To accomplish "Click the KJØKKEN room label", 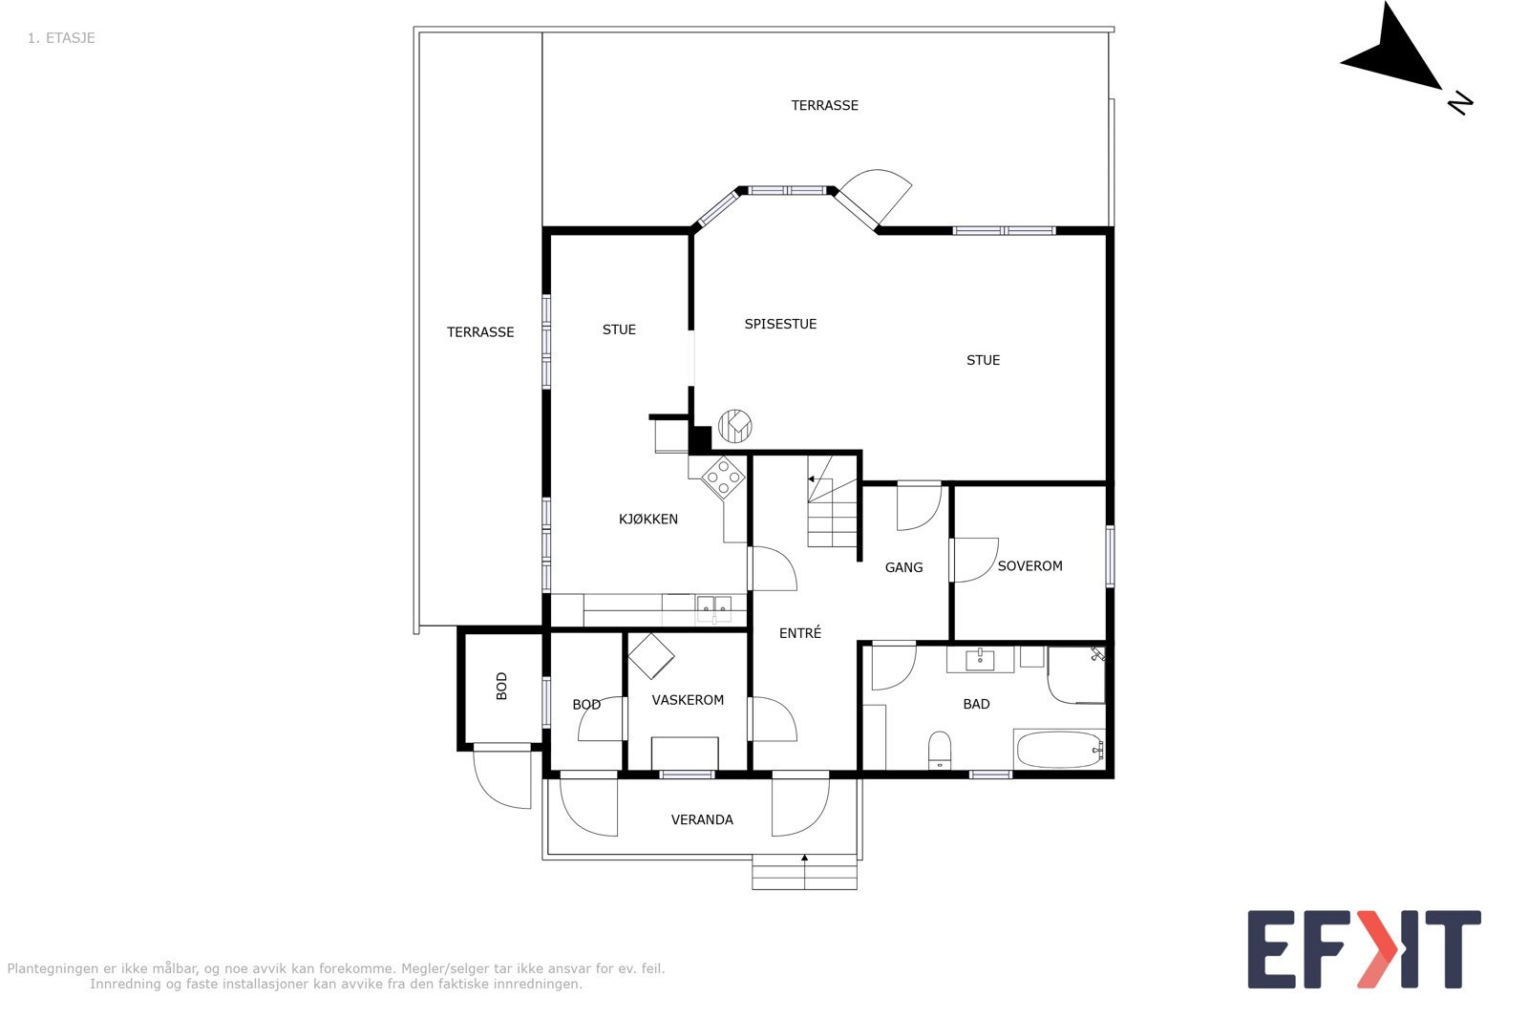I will (647, 520).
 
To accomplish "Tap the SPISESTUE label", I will (780, 324).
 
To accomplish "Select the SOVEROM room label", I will (1029, 566).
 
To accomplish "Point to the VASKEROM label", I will (688, 700).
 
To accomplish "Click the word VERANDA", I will (702, 819).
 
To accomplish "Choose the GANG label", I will (903, 567).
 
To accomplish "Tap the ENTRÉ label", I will (799, 633).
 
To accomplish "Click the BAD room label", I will (976, 704).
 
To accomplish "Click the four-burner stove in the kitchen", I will (723, 477).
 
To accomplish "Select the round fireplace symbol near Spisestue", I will (735, 425).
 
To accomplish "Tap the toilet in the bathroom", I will (940, 749).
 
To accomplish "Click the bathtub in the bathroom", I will (1059, 750).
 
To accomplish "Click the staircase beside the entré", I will (833, 501).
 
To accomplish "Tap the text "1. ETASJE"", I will (61, 38).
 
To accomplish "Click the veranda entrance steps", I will (804, 871).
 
